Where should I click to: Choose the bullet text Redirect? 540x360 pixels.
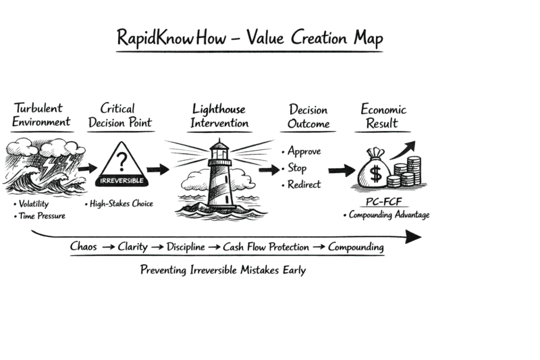click(x=304, y=184)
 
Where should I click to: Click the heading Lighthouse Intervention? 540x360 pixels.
click(x=219, y=116)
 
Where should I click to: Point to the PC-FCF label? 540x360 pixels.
click(x=383, y=202)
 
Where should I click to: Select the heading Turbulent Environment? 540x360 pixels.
click(x=41, y=115)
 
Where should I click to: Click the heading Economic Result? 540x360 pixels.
click(x=383, y=116)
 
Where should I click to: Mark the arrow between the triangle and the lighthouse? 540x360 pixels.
click(x=159, y=169)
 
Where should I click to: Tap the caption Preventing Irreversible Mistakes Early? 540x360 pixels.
click(x=223, y=270)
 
